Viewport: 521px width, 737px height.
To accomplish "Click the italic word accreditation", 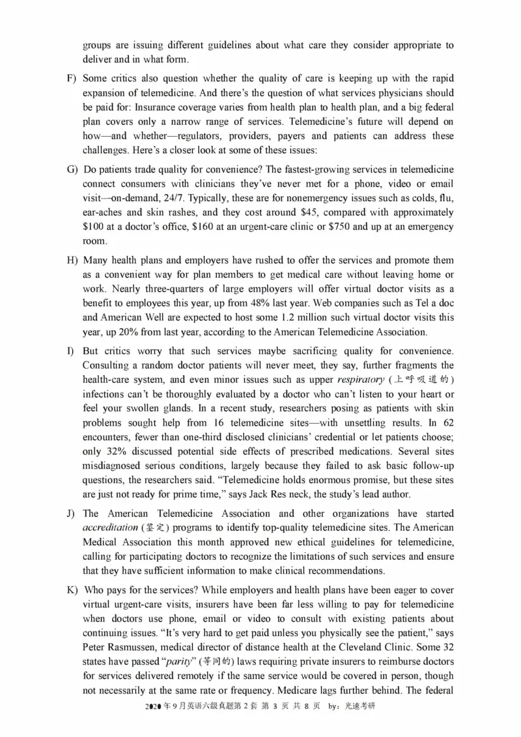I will point(110,527).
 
